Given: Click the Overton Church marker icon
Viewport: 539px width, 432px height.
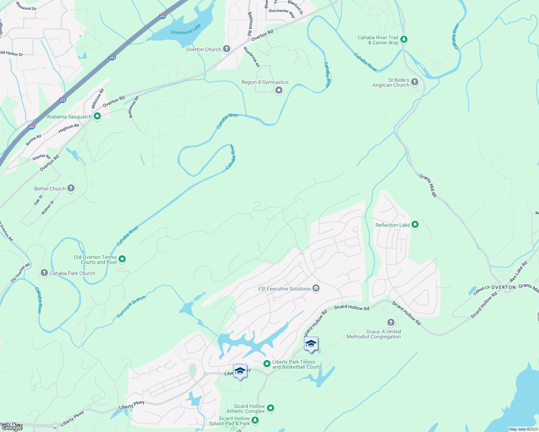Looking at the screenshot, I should (x=226, y=49).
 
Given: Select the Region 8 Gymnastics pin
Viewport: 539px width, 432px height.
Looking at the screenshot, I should (x=279, y=90).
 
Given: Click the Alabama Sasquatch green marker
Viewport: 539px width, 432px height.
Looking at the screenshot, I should (x=97, y=116).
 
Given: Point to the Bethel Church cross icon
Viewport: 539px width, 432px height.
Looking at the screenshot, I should (x=71, y=188).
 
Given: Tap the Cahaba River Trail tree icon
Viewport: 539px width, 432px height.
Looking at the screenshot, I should (x=404, y=39).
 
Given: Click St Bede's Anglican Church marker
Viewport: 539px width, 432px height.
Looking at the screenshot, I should (x=414, y=82).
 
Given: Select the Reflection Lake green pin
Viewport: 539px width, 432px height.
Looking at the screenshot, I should (x=415, y=225).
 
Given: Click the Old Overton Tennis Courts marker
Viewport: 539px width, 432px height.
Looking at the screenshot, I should (x=122, y=259).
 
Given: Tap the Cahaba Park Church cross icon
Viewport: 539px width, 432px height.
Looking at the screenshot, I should (x=44, y=273).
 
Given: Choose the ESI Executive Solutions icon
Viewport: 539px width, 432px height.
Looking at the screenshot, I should (x=316, y=288).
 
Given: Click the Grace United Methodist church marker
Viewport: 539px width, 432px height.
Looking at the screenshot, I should (x=391, y=322).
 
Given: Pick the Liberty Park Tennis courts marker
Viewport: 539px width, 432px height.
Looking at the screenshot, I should (x=267, y=364).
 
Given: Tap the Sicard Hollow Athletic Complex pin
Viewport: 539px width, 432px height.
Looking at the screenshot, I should (x=271, y=408).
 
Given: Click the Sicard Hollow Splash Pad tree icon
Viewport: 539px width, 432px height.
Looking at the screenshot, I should (x=255, y=420).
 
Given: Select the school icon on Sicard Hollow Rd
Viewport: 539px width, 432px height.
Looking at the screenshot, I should (x=311, y=344).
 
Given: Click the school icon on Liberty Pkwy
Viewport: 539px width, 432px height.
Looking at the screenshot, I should (x=240, y=371).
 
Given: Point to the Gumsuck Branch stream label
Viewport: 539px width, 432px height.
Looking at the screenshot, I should (x=131, y=306).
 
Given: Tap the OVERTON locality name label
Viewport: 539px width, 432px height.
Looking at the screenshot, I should (x=503, y=287).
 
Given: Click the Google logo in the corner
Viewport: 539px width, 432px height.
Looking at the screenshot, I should (x=12, y=427).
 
